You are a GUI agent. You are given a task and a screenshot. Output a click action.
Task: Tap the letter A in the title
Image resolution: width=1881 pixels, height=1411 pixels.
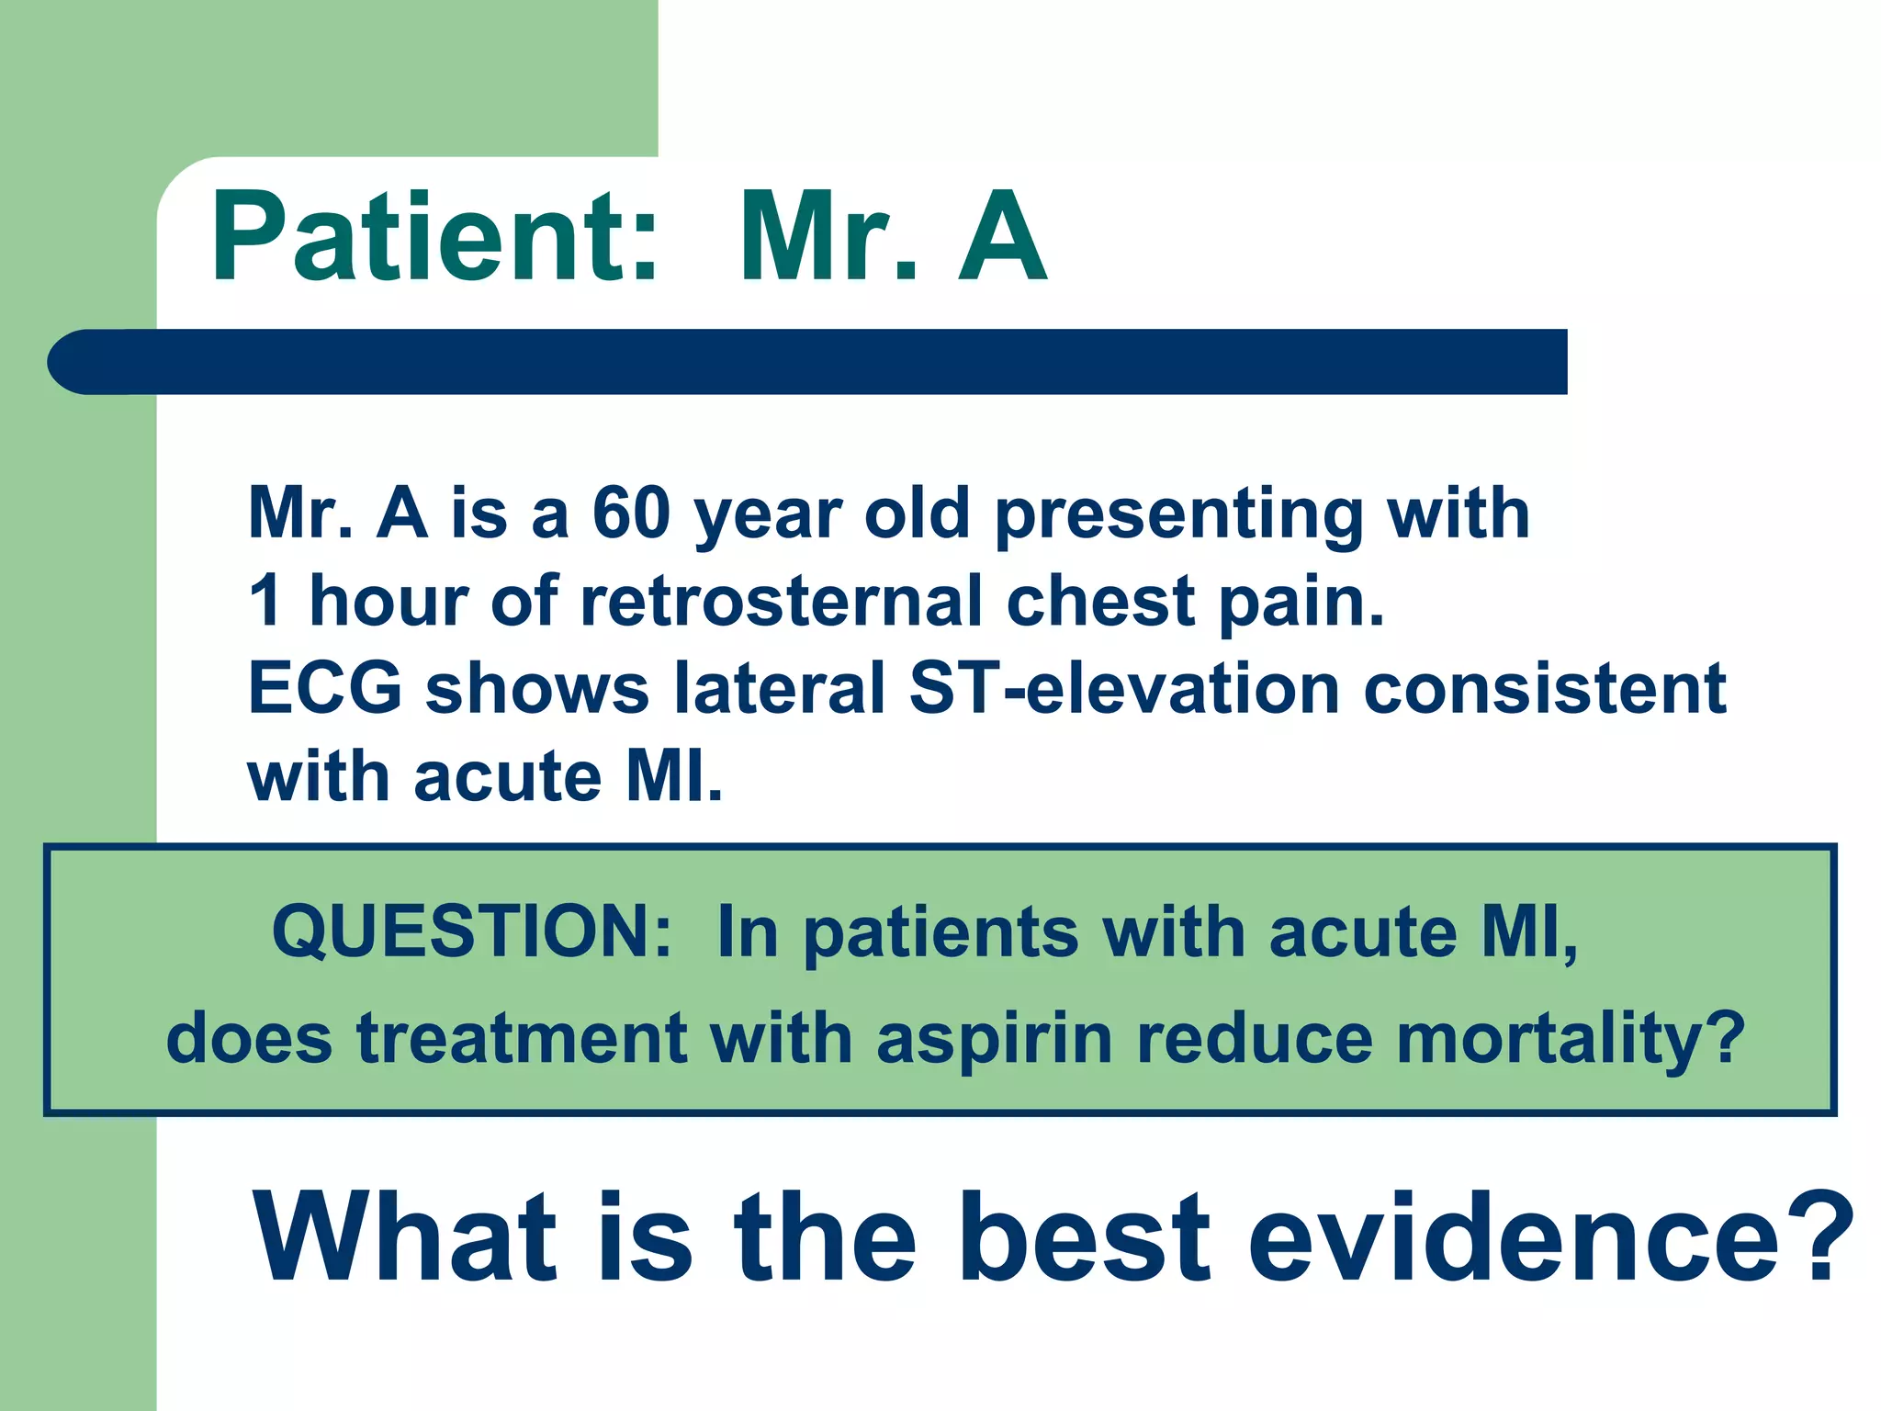tap(1001, 237)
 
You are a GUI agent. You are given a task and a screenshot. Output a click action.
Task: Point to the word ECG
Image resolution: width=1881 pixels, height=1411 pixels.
tap(325, 688)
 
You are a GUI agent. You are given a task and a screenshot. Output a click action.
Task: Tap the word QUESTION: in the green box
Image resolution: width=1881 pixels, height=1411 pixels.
tap(472, 931)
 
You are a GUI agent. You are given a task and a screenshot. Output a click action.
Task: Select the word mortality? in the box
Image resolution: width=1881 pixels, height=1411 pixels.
tap(1571, 1039)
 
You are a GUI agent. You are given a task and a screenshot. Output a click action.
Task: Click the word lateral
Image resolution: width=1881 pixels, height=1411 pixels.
tap(780, 688)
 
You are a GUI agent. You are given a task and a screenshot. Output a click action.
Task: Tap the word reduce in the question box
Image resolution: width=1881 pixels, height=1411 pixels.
tap(1255, 1039)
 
